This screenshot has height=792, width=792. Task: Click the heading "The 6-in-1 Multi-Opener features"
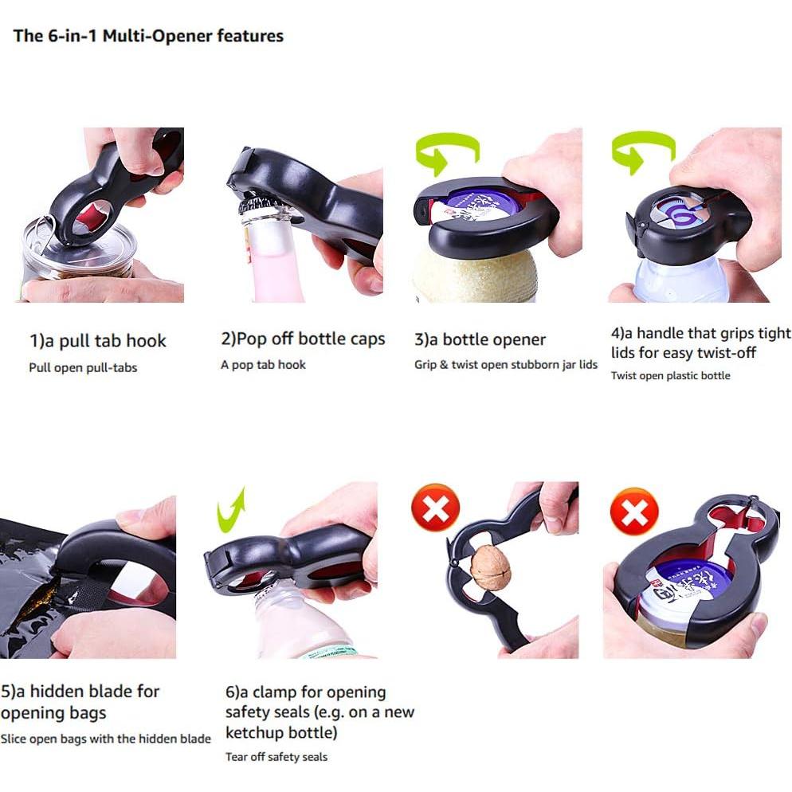[x=148, y=36]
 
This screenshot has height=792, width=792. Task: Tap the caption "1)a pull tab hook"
[x=98, y=341]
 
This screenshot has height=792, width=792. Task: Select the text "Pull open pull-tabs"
[x=83, y=368]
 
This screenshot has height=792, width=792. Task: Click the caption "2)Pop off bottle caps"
[x=303, y=339]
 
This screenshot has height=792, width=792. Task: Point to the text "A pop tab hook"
[x=263, y=365]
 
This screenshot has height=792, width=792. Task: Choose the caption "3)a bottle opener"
[x=480, y=339]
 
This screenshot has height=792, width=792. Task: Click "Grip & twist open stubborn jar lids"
[x=506, y=365]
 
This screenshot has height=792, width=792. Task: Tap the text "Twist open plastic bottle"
[x=670, y=375]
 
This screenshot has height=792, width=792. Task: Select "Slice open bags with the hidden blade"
[x=105, y=739]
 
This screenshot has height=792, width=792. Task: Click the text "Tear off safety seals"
[x=276, y=757]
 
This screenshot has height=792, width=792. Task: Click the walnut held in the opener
[x=490, y=565]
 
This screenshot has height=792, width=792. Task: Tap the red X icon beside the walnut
[x=435, y=508]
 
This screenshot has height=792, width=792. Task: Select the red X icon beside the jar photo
[x=634, y=512]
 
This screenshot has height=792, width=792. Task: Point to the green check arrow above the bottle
[x=229, y=512]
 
